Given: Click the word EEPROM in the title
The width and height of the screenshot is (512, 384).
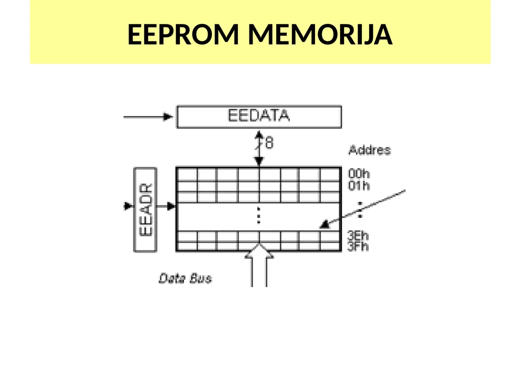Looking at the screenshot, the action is pos(183,34).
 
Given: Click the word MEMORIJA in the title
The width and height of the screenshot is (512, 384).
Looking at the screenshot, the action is pos(320,34).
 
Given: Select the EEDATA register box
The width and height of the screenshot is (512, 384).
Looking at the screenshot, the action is pos(259,116).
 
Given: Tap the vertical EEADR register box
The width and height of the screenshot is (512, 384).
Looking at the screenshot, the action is pos(145,209).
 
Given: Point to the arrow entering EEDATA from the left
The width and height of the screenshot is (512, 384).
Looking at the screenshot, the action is pos(148,116).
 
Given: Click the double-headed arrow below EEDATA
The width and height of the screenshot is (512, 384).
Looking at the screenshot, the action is pos(259,148).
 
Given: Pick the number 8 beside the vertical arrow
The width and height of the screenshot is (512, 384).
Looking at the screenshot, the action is pos(269,143).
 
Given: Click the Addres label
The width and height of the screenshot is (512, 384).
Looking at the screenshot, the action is pos(369,150).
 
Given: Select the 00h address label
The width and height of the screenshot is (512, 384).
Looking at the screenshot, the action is pos(359,173).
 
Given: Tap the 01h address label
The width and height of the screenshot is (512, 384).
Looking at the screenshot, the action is pos(359,185).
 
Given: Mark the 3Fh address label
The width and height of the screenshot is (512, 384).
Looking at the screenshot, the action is pos(358,246).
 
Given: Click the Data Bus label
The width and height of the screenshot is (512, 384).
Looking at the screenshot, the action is pos(185,278).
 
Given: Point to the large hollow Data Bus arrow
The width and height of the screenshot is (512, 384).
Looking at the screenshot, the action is pos(259,265).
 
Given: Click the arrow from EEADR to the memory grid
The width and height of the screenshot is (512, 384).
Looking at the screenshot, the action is pos(166,206).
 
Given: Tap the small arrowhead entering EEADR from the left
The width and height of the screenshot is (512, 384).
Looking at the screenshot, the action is pos(128,206).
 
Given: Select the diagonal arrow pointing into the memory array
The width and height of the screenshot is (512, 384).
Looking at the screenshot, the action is pos(362,209).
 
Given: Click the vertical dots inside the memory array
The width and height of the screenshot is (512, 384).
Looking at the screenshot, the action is pos(258,215).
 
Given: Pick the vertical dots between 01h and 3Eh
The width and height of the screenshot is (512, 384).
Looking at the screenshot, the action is pos(360,210).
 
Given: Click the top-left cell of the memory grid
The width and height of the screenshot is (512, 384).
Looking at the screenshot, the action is pos(187,174).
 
